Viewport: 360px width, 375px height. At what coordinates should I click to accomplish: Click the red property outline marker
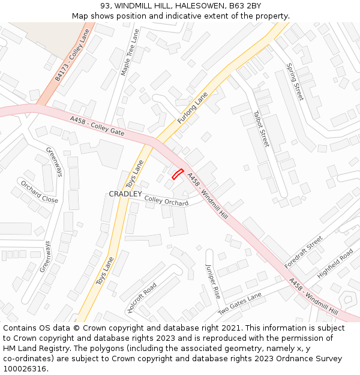178,174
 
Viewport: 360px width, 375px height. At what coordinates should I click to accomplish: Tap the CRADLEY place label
125,194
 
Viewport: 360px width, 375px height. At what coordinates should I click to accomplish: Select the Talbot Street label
262,128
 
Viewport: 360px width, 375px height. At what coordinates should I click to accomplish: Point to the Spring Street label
295,82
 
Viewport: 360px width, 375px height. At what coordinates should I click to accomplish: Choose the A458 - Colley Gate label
97,125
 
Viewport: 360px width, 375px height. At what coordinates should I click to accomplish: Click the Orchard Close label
39,191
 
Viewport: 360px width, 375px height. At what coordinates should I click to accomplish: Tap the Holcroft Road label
142,298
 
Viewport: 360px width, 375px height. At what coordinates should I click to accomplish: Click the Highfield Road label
335,263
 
